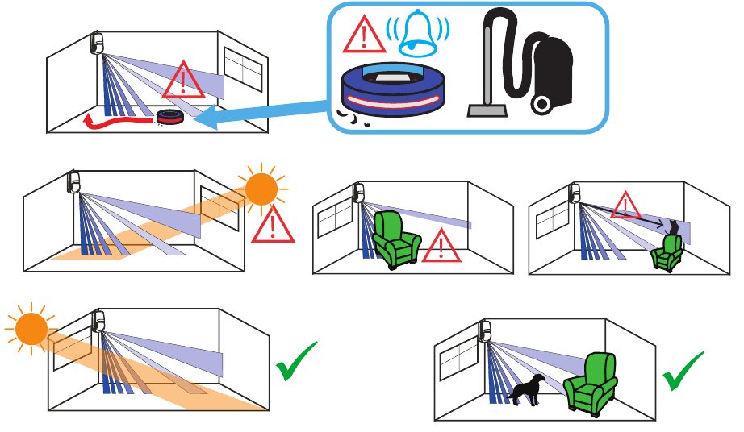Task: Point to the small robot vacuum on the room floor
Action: click(170, 118)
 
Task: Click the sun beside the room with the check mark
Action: click(31, 330)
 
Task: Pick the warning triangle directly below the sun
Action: click(273, 225)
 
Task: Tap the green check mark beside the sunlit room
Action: click(296, 361)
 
